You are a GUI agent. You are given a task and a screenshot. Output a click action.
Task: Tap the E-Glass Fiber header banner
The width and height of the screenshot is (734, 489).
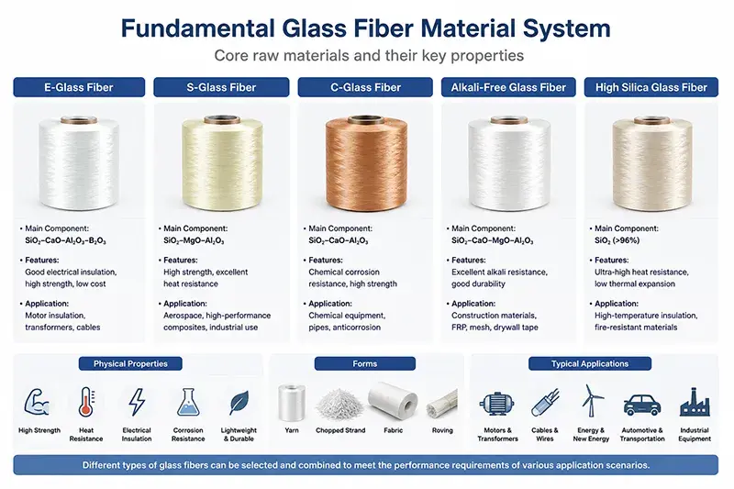coord(79,87)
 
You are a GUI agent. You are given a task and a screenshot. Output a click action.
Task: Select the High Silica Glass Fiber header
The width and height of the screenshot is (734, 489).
coord(651,87)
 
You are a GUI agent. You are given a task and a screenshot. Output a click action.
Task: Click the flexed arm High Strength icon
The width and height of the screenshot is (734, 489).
coord(37,403)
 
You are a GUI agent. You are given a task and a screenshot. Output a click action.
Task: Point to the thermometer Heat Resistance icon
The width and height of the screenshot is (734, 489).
coord(86,402)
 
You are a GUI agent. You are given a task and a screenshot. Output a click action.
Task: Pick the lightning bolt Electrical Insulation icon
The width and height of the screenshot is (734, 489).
coord(137,402)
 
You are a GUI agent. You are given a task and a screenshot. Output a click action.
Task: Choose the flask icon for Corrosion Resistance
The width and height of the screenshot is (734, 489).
coord(188,402)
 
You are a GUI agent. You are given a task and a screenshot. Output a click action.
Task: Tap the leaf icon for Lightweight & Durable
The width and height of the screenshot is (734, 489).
coord(239,403)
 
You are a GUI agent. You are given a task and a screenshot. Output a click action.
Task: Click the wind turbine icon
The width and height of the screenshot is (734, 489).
coord(591,401)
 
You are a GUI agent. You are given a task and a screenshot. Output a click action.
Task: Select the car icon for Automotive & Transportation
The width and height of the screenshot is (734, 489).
coord(642,405)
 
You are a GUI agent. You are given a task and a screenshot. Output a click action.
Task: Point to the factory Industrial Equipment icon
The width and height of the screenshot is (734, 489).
coord(695,402)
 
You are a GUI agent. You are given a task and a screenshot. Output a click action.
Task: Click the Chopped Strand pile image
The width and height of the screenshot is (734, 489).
coord(340,406)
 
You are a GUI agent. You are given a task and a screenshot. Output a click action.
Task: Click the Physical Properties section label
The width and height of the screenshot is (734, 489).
coord(130,363)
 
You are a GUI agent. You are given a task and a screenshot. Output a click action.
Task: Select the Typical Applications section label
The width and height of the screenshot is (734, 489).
coord(590,363)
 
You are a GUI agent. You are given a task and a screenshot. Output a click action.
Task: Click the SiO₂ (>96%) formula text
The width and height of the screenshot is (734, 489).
coord(617,240)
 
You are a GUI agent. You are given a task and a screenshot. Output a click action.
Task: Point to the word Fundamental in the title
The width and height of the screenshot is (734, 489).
coord(197,28)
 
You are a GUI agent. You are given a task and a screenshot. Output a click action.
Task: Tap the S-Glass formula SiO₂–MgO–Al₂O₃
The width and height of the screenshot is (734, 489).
coord(194,240)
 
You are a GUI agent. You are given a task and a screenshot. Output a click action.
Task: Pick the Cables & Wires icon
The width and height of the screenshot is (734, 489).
coord(545,403)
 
